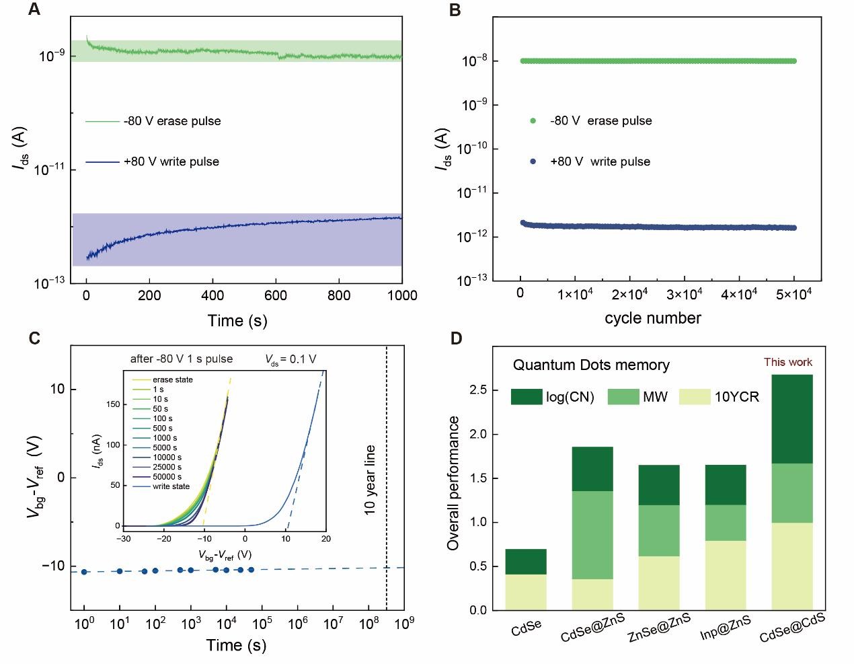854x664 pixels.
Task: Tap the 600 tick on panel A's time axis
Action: (276, 295)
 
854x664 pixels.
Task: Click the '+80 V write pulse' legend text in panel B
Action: (600, 161)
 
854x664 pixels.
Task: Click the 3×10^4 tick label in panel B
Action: (684, 295)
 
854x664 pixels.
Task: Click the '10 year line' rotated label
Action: (370, 480)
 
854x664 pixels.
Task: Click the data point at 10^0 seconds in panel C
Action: (84, 572)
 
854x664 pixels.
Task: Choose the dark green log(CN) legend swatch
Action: (526, 396)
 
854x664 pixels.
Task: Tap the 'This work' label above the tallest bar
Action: (787, 363)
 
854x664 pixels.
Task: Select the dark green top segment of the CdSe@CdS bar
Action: (792, 418)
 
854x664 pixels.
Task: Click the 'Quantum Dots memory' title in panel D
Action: (591, 365)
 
